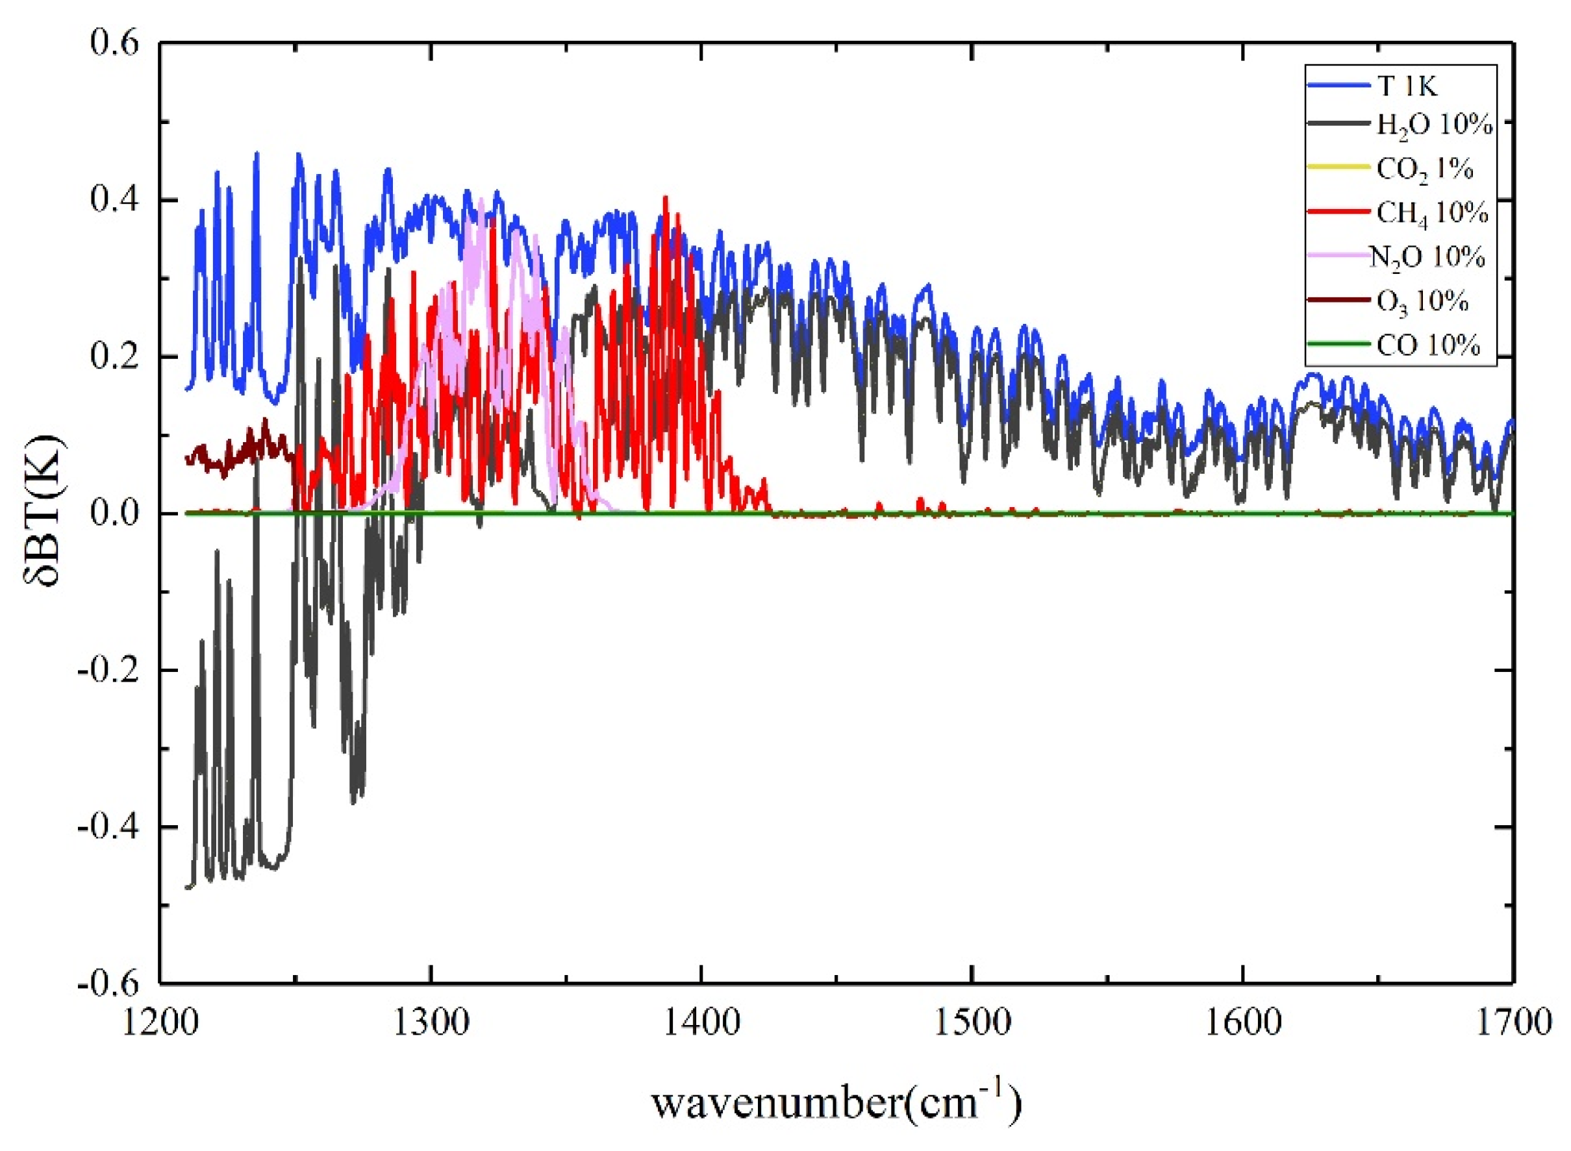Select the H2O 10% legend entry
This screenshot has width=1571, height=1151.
pyautogui.click(x=1435, y=126)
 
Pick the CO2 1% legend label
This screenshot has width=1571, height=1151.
pyautogui.click(x=1425, y=169)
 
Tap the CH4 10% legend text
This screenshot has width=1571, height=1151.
pyautogui.click(x=1432, y=213)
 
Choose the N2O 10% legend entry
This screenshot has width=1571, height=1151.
pyautogui.click(x=1427, y=257)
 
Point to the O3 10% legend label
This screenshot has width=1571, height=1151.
pyautogui.click(x=1422, y=302)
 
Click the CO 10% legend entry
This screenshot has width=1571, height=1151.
pyautogui.click(x=1428, y=345)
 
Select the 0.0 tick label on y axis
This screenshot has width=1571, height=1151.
pyautogui.click(x=114, y=514)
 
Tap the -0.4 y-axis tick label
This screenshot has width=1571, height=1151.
pyautogui.click(x=108, y=827)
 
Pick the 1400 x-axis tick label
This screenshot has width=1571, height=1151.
pyautogui.click(x=701, y=1022)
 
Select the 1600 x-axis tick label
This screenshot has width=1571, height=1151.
pyautogui.click(x=1242, y=1022)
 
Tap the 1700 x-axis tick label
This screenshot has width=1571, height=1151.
pyautogui.click(x=1511, y=1022)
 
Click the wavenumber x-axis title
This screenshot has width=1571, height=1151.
pyautogui.click(x=836, y=1102)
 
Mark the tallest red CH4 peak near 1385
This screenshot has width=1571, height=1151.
pyautogui.click(x=666, y=198)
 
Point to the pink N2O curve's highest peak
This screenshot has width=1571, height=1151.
pyautogui.click(x=481, y=200)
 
